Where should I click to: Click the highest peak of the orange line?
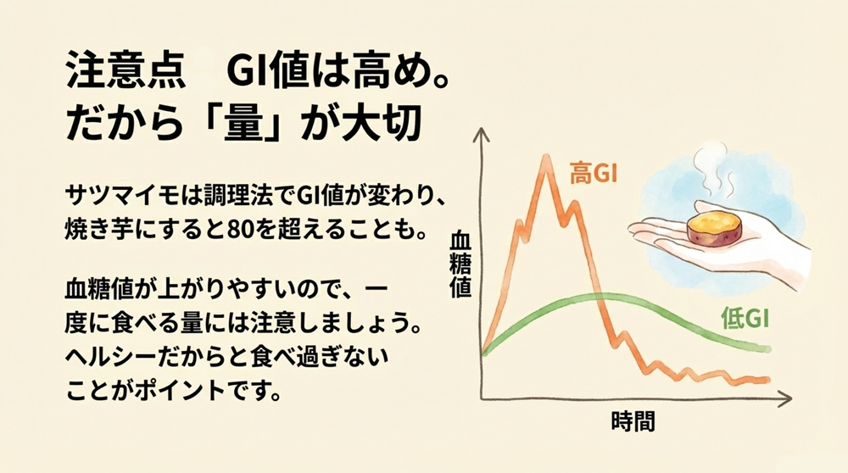[x=542, y=158]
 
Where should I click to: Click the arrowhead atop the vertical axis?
[x=481, y=132]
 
